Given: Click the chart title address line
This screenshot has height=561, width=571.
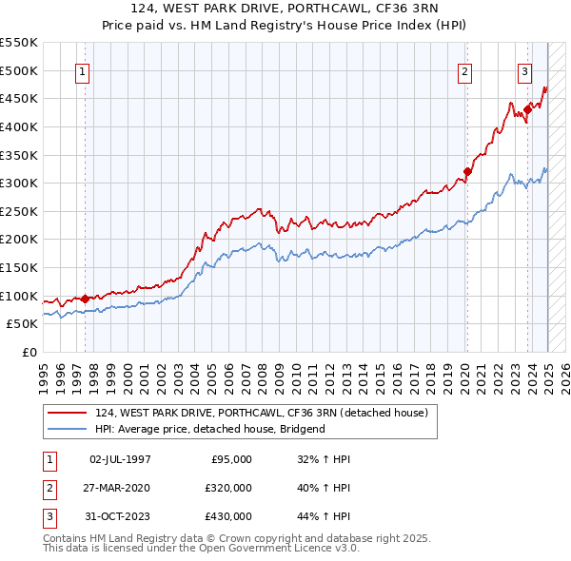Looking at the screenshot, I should point(285,10).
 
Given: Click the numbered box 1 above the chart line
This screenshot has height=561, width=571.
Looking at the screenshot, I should point(82,71).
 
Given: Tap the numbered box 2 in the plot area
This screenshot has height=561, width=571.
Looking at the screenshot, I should point(465,71).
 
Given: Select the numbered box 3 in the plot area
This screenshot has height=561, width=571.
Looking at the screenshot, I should point(524,71).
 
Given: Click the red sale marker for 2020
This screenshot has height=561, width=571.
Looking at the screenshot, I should point(467,172).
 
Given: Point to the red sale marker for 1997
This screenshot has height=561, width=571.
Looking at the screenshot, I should point(85,299).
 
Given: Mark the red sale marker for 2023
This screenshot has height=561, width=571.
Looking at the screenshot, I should point(527,110).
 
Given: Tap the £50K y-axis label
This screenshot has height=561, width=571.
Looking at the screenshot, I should point(23,324).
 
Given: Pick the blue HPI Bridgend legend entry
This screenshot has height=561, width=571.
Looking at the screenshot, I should point(209,429).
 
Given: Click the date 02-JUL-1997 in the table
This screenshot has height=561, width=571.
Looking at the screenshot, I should point(120,459).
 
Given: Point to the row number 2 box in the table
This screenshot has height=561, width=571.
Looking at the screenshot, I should point(48,488).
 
